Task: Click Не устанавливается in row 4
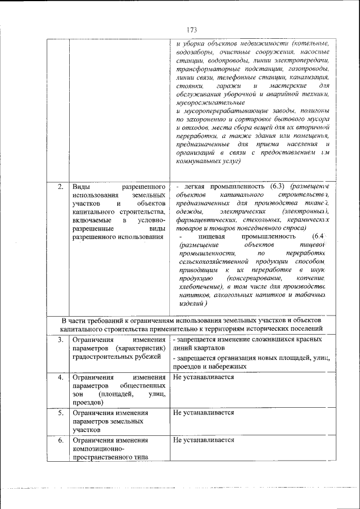click(x=204, y=377)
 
